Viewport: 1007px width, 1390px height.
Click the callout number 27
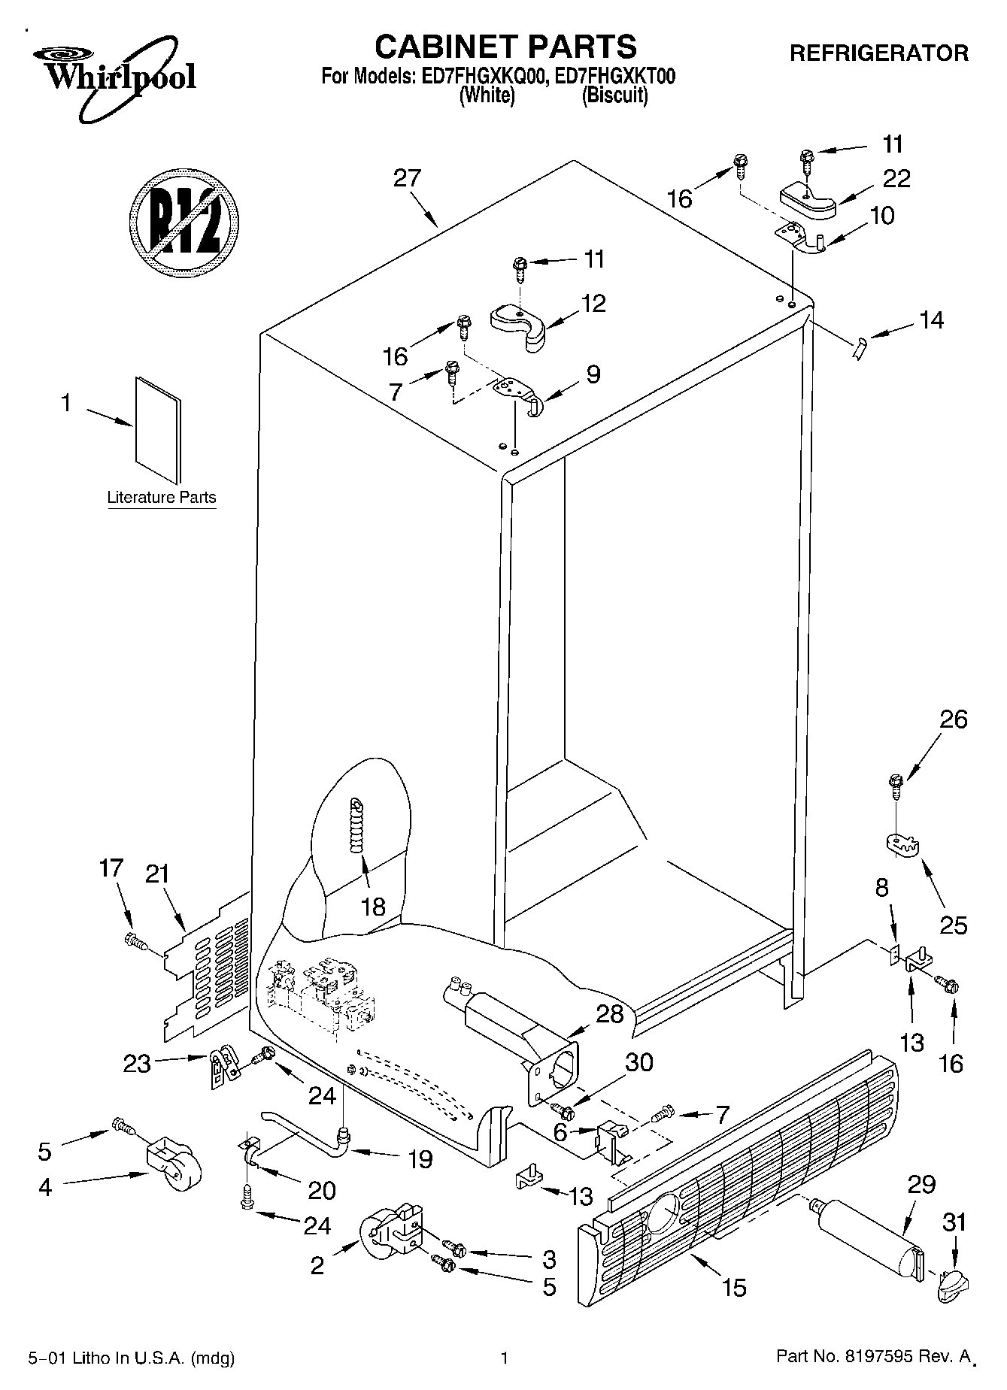(x=407, y=179)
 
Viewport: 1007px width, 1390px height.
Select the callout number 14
(x=931, y=320)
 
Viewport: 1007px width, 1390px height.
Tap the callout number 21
(x=157, y=874)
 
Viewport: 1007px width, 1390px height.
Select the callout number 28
(x=610, y=1013)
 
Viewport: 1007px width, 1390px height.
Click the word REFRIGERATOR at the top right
(x=878, y=53)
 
